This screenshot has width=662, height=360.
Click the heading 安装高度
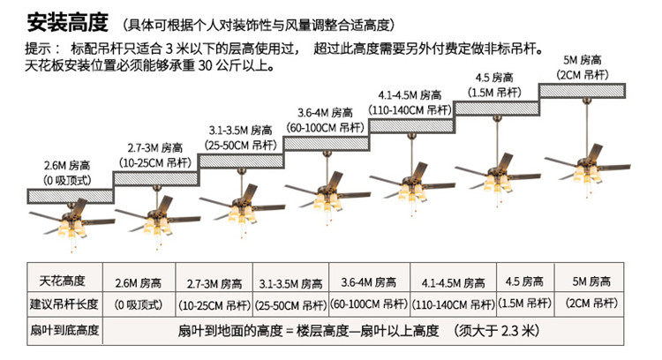(68, 23)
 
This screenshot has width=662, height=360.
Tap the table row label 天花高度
(63, 281)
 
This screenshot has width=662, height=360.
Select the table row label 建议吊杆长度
(64, 304)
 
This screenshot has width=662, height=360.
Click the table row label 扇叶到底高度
(64, 330)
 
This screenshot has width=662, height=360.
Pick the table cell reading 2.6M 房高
(139, 282)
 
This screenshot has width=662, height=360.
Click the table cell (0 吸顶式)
(139, 304)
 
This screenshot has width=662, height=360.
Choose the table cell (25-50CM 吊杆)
(291, 305)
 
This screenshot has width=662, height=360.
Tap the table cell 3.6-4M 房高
(369, 282)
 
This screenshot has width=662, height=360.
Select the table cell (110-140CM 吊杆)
(454, 304)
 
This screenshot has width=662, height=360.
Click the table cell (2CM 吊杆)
(591, 303)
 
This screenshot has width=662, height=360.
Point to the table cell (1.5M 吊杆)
(525, 303)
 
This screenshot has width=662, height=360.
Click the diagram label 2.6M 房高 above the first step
(67, 165)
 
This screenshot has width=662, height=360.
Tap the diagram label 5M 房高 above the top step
(583, 60)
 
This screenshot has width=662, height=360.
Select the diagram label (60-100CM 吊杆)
(325, 127)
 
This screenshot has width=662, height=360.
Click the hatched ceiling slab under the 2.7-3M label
(155, 178)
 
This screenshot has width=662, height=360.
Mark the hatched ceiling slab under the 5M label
(583, 91)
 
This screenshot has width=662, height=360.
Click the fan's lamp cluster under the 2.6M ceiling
(71, 228)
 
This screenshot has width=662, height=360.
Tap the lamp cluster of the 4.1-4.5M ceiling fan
(411, 192)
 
